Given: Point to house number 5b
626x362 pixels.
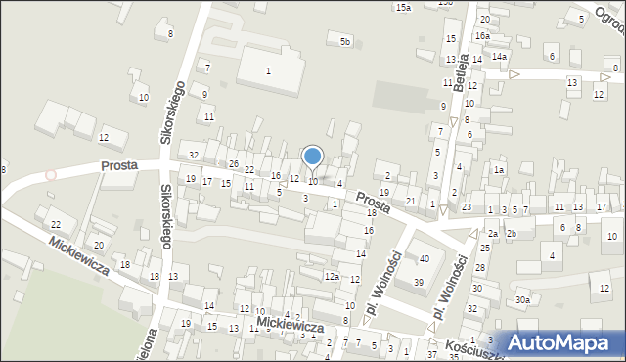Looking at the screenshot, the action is pyautogui.click(x=344, y=41).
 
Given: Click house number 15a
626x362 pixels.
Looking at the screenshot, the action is pyautogui.click(x=403, y=7).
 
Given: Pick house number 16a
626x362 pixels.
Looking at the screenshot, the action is pyautogui.click(x=482, y=36).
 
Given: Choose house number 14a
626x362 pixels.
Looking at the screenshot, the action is pyautogui.click(x=499, y=57).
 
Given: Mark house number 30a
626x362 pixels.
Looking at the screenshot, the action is pyautogui.click(x=523, y=300).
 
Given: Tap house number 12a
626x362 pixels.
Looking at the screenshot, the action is pyautogui.click(x=332, y=277).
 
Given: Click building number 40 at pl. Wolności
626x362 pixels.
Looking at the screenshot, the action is pyautogui.click(x=424, y=259).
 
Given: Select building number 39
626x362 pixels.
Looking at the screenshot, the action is pyautogui.click(x=418, y=283).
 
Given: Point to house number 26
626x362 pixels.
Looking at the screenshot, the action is pyautogui.click(x=234, y=163).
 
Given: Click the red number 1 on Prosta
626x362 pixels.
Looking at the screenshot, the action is pyautogui.click(x=335, y=204).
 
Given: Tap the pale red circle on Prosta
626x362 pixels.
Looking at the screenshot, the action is pyautogui.click(x=50, y=175).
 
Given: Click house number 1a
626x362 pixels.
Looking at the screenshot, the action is pyautogui.click(x=498, y=170).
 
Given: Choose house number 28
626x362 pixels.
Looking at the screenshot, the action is pyautogui.click(x=479, y=267).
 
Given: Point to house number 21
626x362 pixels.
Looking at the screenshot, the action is pyautogui.click(x=411, y=201).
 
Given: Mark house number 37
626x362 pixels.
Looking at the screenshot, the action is pyautogui.click(x=430, y=354).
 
